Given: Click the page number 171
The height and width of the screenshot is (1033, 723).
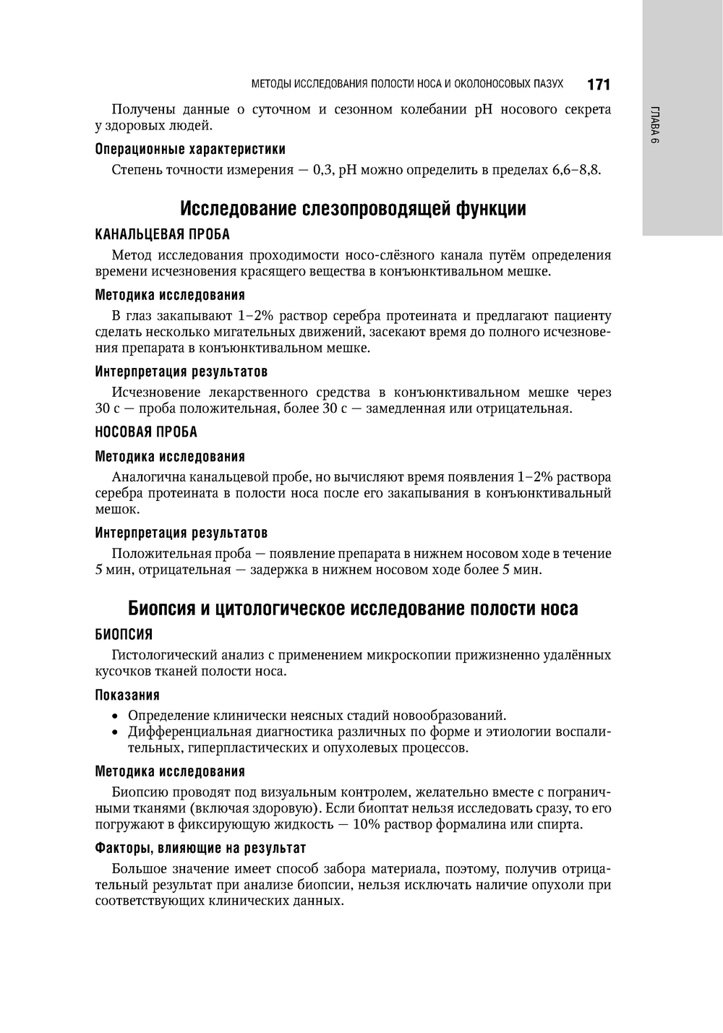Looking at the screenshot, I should (599, 85).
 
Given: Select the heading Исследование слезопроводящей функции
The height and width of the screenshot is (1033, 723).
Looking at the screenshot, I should (353, 209).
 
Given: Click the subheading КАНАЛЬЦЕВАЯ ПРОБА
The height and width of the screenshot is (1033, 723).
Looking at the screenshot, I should (163, 234).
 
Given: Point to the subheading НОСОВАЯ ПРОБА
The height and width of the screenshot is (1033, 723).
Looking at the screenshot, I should (146, 432).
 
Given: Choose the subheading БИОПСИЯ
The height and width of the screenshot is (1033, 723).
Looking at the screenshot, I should (124, 634).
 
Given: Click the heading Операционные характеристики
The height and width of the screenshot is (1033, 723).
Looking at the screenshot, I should (190, 149).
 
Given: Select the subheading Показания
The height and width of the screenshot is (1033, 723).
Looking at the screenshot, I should (127, 695).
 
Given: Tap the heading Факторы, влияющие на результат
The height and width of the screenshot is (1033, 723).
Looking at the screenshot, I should (200, 847).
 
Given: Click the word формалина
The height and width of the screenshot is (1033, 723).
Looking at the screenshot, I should (484, 825).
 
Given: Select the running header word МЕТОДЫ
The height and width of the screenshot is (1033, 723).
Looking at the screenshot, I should (270, 85).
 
